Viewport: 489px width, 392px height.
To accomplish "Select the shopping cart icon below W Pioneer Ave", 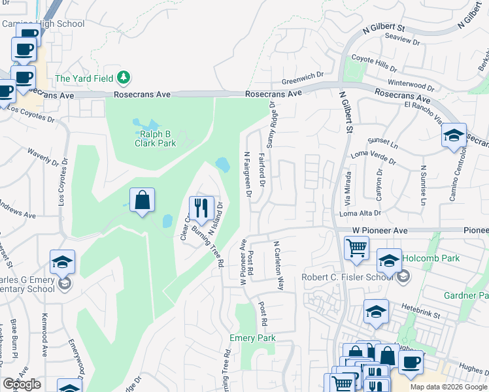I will [356, 248].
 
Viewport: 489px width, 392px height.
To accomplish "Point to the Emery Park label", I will [252, 338].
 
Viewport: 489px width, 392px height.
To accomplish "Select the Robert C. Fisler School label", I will [347, 277].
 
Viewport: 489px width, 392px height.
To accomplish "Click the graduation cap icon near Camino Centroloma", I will [454, 135].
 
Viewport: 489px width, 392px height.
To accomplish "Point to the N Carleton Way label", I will [278, 265].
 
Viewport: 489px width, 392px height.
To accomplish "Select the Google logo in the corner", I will [22, 384].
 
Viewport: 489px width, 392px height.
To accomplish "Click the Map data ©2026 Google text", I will [448, 387].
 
